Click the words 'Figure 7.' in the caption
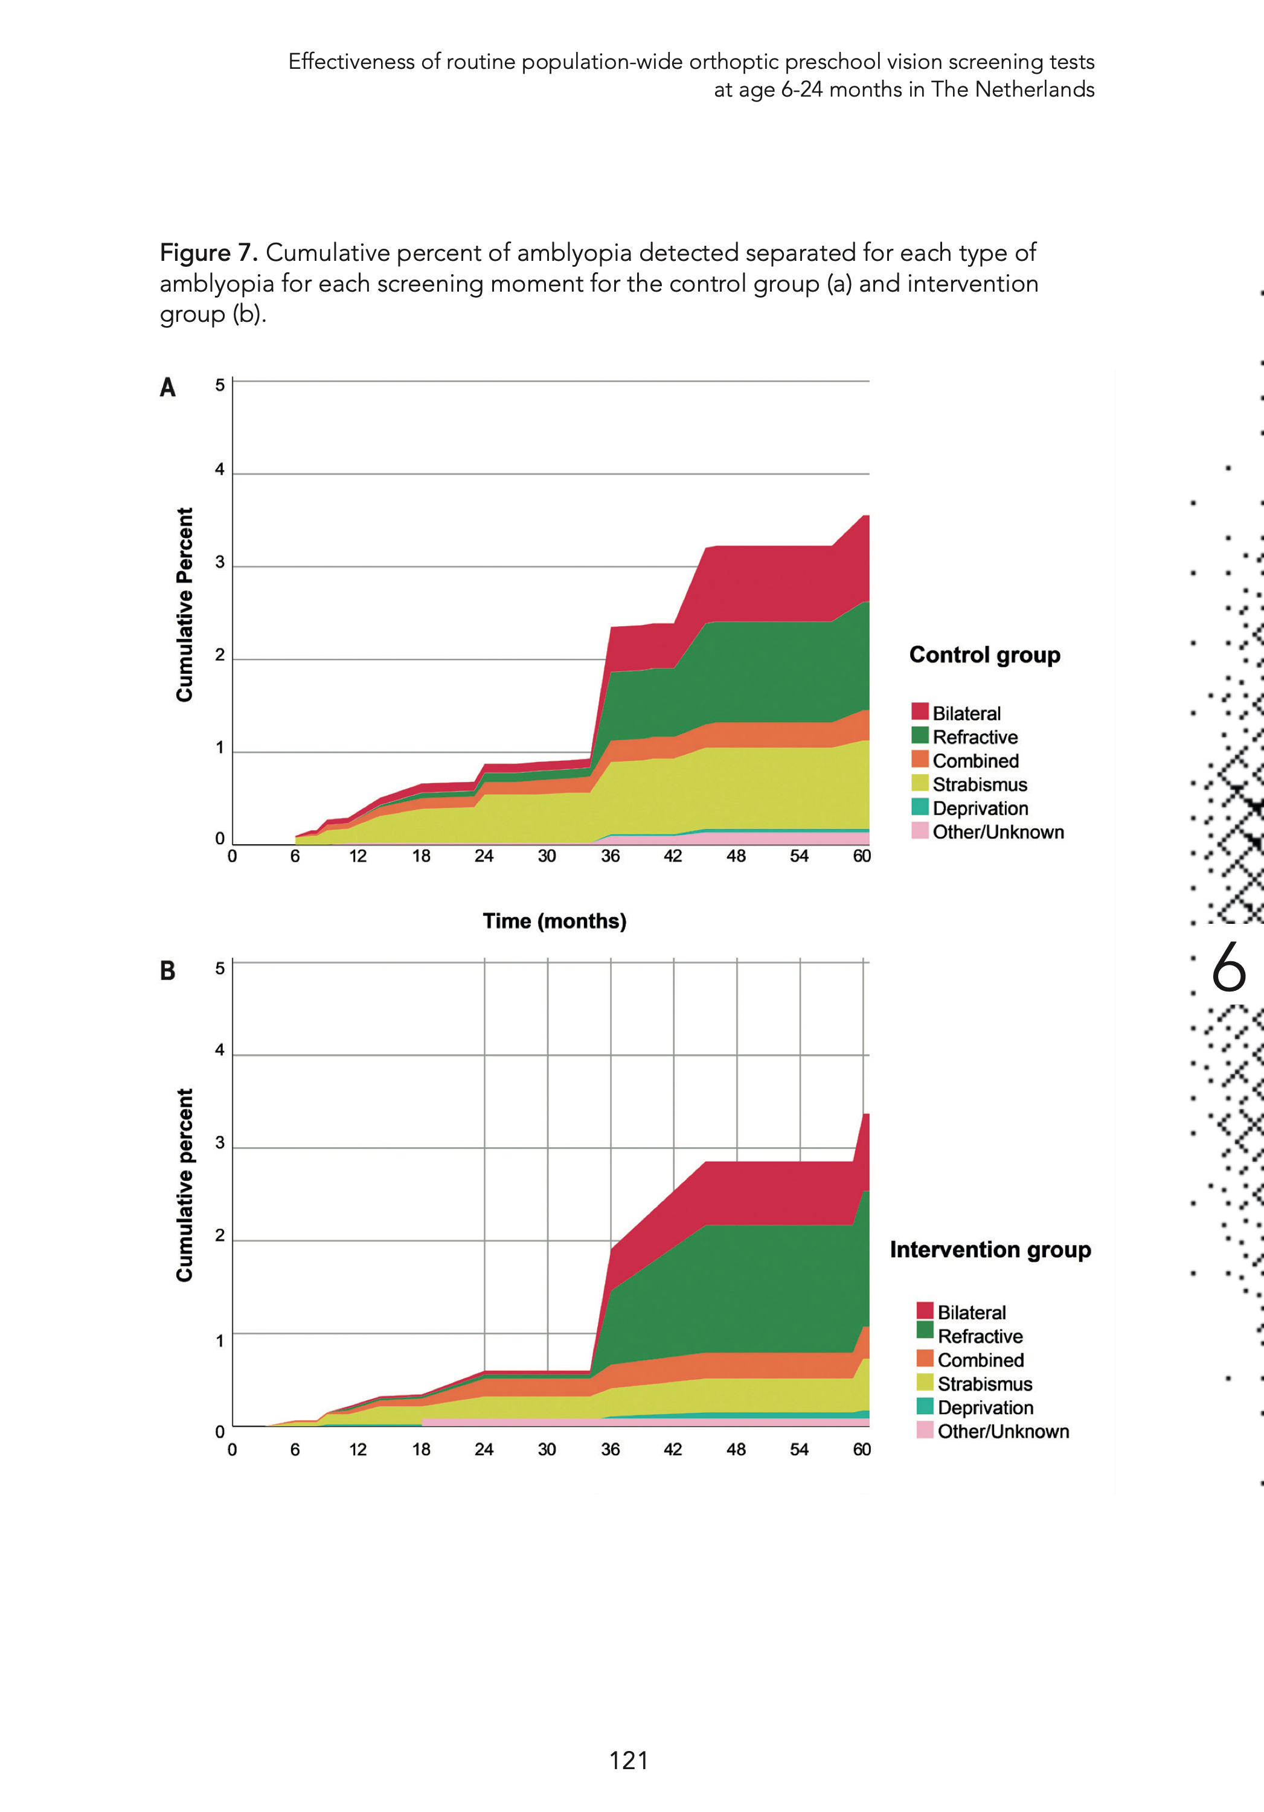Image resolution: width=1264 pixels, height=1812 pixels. (x=208, y=252)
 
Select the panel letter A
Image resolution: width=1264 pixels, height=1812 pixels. (x=167, y=388)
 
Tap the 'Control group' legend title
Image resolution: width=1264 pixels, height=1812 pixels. (x=984, y=655)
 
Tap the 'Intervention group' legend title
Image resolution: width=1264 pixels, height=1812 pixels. (x=990, y=1249)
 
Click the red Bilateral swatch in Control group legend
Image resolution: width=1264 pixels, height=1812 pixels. (x=920, y=712)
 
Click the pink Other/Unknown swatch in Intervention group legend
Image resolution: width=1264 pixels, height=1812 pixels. (x=925, y=1429)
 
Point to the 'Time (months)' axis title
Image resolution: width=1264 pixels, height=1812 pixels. (x=554, y=921)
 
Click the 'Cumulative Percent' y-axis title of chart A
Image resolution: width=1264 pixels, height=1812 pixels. (x=185, y=604)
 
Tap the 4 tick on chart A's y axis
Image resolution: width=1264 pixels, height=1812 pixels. (x=219, y=470)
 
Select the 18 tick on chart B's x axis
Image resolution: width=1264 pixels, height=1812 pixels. (x=421, y=1449)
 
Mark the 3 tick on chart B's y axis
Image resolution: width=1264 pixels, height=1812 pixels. (x=219, y=1143)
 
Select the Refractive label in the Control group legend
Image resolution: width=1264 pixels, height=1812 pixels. (x=975, y=737)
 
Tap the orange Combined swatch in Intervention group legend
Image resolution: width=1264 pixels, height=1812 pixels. (x=925, y=1358)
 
